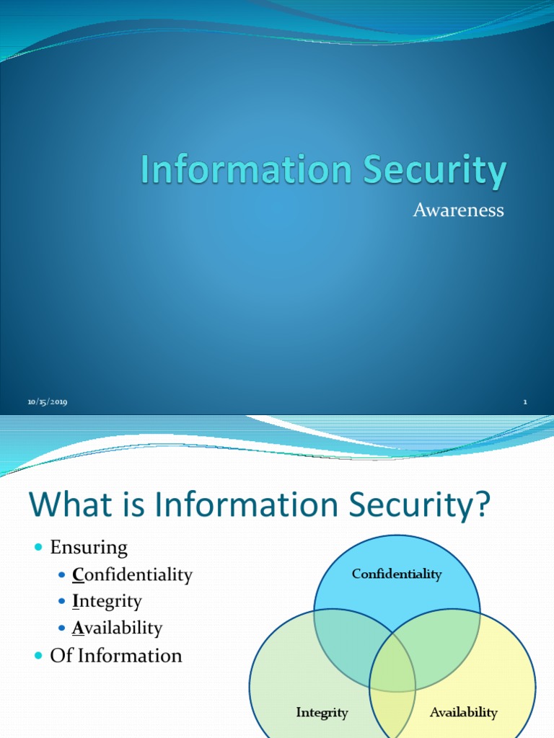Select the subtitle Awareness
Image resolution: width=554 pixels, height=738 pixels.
point(458,210)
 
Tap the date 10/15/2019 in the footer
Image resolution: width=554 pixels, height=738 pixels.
point(48,402)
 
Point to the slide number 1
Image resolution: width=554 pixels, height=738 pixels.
point(525,402)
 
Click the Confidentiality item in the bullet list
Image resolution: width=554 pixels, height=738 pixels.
point(132,574)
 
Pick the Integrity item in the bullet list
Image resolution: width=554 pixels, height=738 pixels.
point(107,601)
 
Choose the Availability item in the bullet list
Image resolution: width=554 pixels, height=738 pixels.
point(117,628)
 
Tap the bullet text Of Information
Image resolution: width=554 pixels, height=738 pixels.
point(115,655)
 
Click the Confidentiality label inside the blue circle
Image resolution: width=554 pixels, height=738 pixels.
point(396,574)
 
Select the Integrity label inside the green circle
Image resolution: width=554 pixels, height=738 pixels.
point(322,712)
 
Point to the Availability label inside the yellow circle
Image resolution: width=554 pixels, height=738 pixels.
point(463,712)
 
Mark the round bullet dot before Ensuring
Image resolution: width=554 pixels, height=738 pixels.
point(40,548)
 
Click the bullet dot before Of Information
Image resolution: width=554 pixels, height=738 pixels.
point(40,656)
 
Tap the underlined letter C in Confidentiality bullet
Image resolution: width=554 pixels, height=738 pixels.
point(78,574)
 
